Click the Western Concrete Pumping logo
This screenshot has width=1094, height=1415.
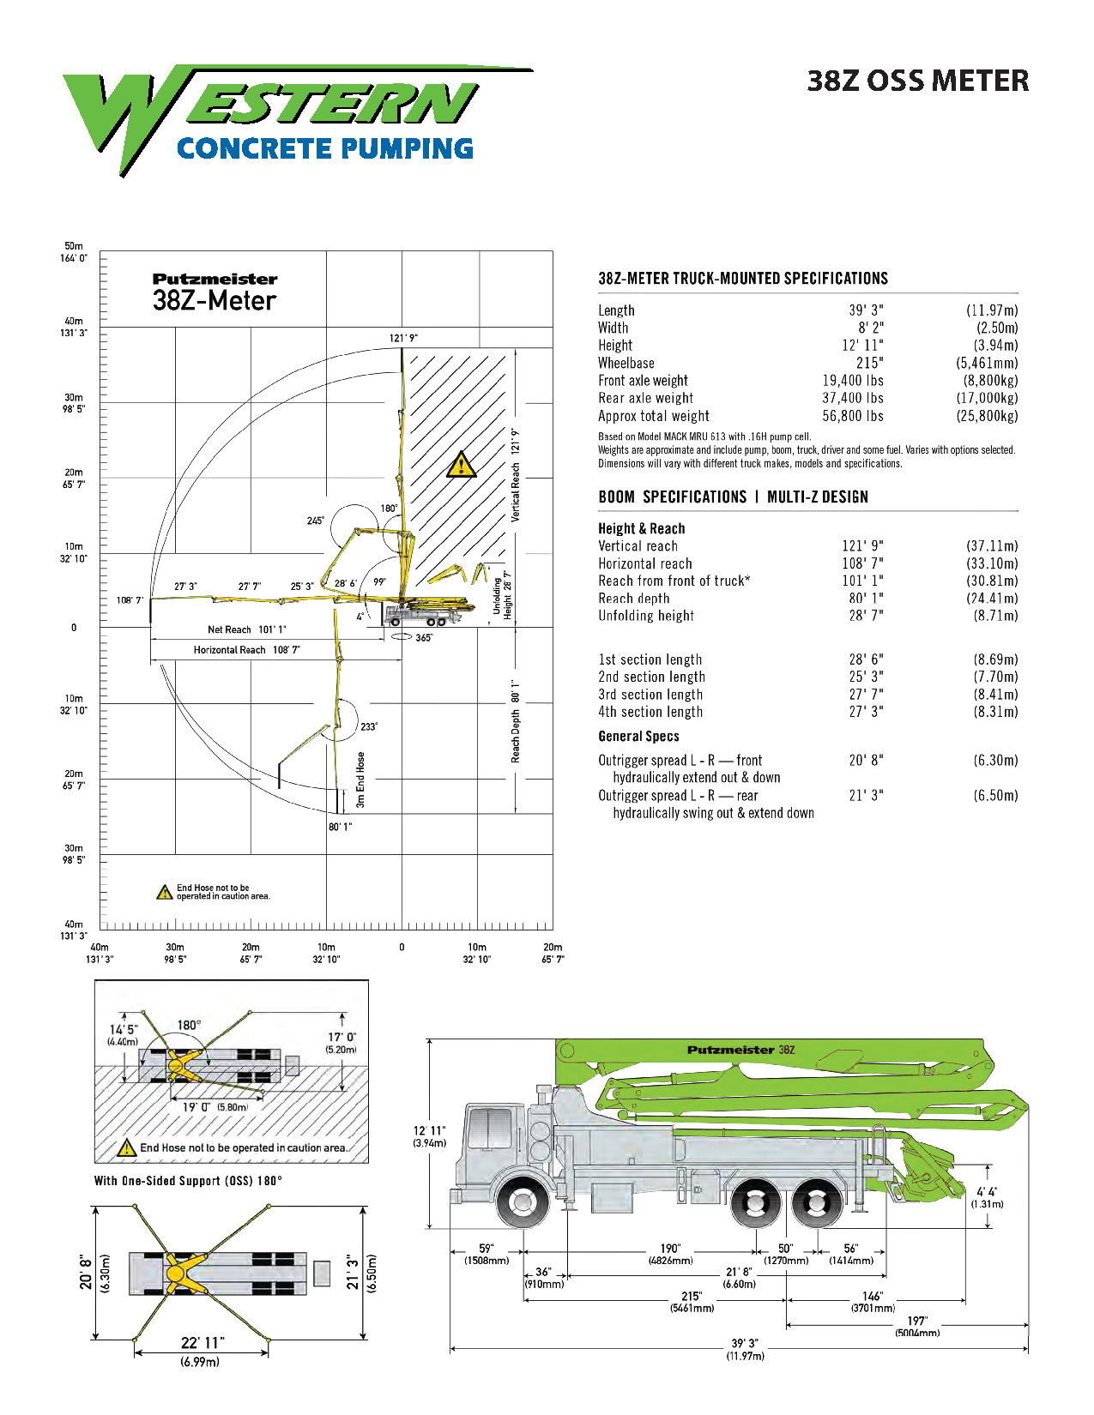(x=283, y=120)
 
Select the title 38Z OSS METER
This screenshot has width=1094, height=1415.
(x=917, y=81)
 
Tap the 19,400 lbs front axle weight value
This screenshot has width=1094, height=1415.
(x=852, y=381)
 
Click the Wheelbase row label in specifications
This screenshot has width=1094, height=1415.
(x=626, y=364)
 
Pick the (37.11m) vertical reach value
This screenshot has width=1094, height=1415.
(x=992, y=546)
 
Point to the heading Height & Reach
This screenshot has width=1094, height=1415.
(x=641, y=528)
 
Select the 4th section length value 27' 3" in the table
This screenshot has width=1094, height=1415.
(x=866, y=712)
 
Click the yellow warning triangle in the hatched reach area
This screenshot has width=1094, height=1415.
(x=462, y=465)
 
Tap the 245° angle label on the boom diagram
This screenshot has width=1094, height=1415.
(x=315, y=521)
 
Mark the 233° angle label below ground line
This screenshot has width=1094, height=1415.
(x=369, y=726)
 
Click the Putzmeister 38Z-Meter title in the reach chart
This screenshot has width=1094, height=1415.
(x=215, y=292)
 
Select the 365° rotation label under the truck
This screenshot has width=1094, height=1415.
(x=424, y=638)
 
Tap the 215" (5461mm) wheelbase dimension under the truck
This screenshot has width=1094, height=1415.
(x=692, y=1302)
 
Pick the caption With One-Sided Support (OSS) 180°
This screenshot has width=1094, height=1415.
(x=188, y=1181)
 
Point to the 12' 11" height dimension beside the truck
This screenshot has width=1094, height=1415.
(x=430, y=1135)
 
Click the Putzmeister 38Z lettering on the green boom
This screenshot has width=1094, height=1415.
(x=740, y=1050)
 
